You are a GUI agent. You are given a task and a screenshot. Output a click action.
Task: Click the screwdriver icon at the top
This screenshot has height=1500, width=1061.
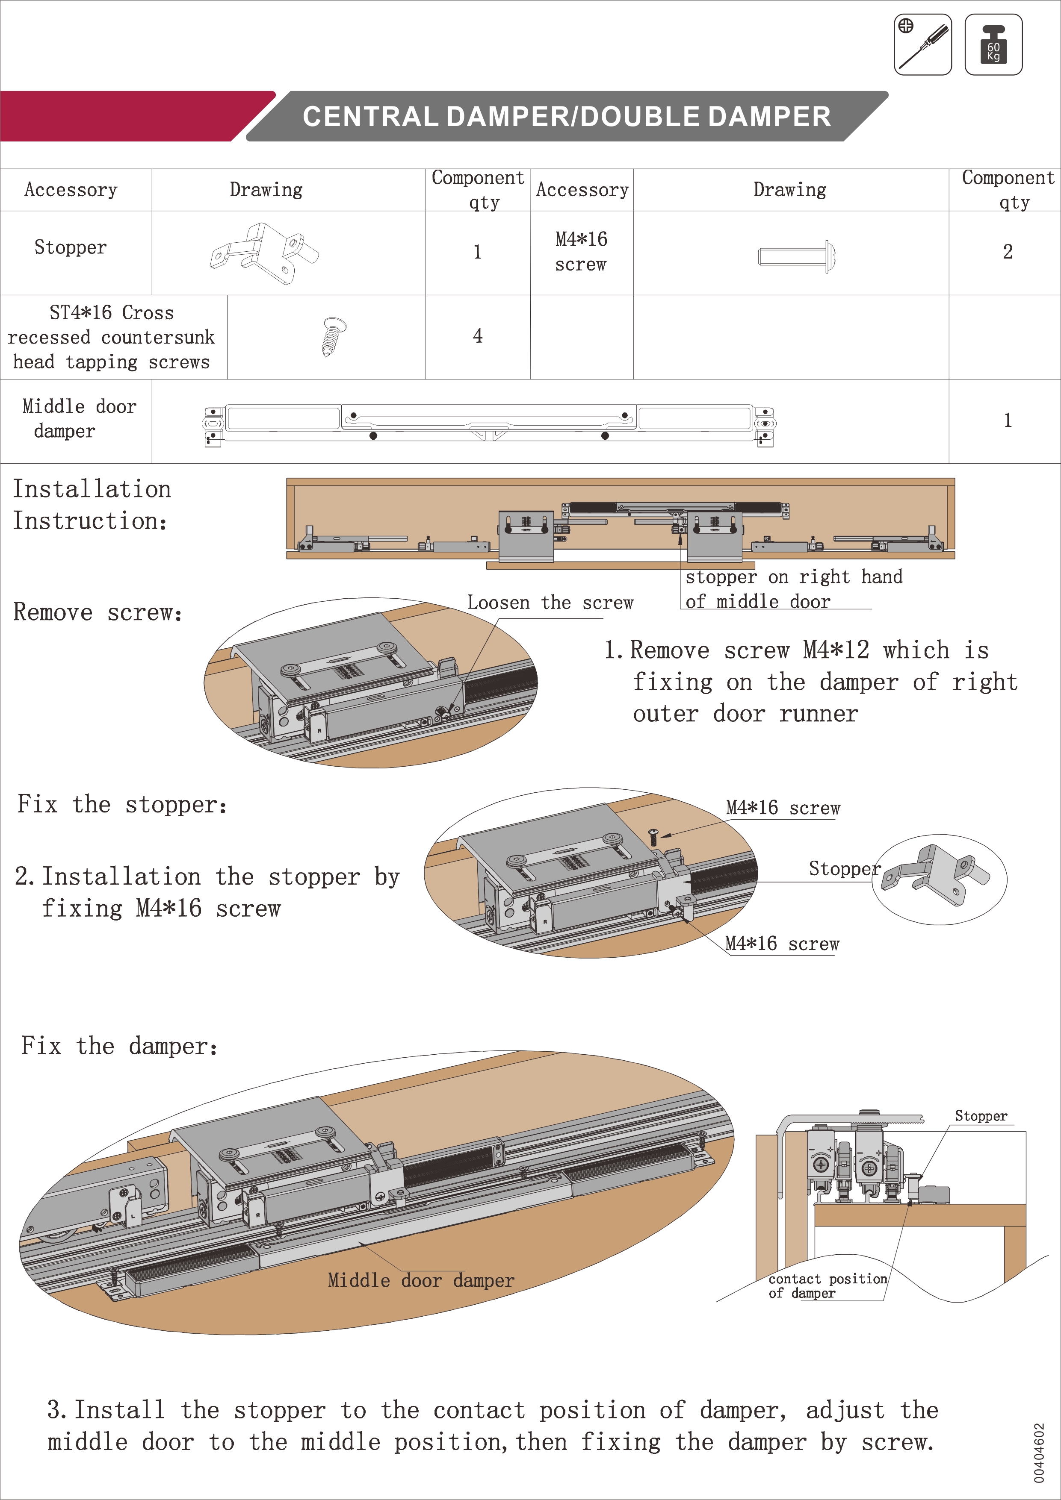pos(922,44)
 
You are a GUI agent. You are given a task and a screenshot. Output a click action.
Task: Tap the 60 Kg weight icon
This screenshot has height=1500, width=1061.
pos(993,44)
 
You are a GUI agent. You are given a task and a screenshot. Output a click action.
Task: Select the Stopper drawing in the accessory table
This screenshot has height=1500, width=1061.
pos(264,253)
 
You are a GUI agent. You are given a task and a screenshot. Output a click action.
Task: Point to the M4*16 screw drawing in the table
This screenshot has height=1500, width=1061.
pos(797,256)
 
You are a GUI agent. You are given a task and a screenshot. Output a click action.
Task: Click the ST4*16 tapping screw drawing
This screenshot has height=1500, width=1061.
pos(334,336)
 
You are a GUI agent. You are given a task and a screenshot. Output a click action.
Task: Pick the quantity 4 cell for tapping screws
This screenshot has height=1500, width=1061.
pos(478,336)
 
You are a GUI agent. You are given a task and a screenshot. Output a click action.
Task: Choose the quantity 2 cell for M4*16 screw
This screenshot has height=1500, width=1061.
pos(1008,252)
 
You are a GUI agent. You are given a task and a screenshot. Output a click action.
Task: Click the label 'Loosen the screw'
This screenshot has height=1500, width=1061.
pos(550,603)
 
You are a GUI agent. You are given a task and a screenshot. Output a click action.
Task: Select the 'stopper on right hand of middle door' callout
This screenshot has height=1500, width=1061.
pos(792,588)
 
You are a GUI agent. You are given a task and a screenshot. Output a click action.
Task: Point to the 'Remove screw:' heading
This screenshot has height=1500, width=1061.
pos(98,612)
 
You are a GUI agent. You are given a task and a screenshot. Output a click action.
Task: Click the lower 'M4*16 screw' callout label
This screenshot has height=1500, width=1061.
pos(782,944)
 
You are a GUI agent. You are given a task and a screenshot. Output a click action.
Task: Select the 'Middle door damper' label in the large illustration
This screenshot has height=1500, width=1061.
pos(421,1280)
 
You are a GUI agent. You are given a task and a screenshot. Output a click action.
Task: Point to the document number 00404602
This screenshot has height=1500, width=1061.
pos(1039,1452)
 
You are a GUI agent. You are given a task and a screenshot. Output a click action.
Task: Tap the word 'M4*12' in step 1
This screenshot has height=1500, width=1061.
pos(836,650)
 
